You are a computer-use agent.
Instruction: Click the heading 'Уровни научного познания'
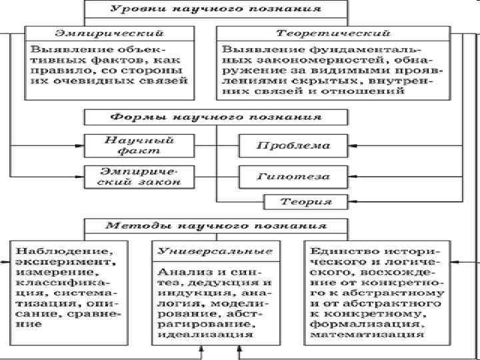(x=215, y=10)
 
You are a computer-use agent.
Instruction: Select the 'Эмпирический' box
(x=109, y=33)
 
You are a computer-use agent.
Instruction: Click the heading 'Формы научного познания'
(x=215, y=117)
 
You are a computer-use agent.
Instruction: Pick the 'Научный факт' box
(x=139, y=145)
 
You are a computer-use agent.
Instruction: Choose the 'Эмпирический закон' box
(x=139, y=176)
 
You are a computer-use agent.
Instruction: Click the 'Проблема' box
(x=294, y=145)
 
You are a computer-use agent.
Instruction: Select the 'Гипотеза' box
(x=294, y=177)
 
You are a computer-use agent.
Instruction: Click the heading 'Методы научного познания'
(x=215, y=225)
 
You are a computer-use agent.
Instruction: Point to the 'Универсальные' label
(x=215, y=252)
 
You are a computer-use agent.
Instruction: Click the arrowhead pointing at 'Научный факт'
(x=81, y=145)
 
